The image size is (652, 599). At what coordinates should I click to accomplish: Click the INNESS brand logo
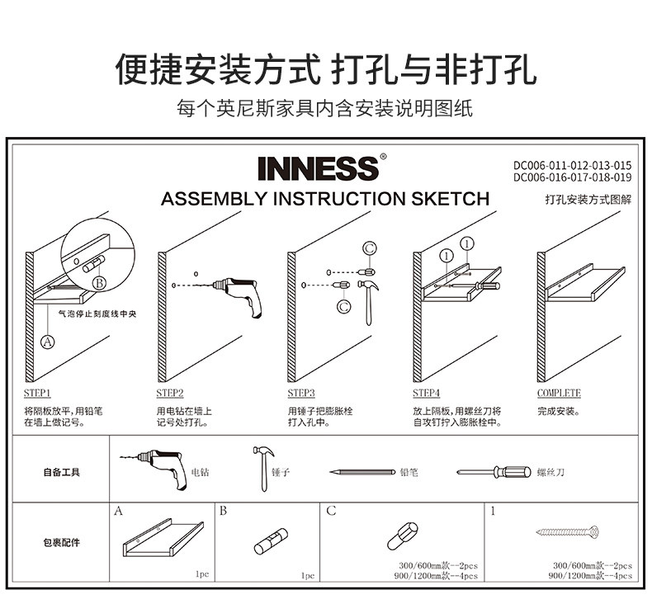pyautogui.click(x=318, y=168)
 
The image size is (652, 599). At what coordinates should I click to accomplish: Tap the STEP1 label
pyautogui.click(x=37, y=394)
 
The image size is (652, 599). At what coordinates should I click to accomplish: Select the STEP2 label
pyautogui.click(x=170, y=394)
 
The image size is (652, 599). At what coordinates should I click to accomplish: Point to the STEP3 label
pyautogui.click(x=301, y=394)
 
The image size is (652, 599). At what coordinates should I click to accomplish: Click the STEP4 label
pyautogui.click(x=427, y=394)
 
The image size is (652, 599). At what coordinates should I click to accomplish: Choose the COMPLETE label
pyautogui.click(x=559, y=394)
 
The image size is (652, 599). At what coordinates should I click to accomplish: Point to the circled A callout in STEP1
pyautogui.click(x=47, y=340)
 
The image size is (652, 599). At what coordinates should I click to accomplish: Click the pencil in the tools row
pyautogui.click(x=362, y=473)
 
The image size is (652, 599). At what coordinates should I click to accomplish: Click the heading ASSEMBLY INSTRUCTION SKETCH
pyautogui.click(x=325, y=199)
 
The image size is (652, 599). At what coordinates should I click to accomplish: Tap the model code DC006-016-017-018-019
pyautogui.click(x=572, y=177)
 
